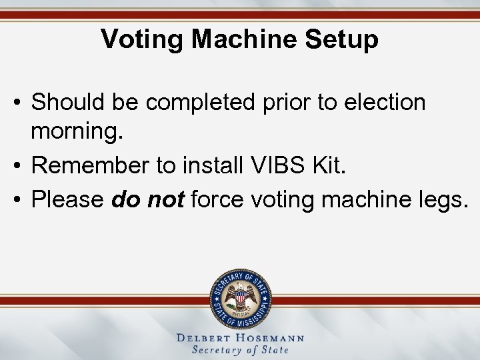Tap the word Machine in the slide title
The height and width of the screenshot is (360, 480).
[x=244, y=39]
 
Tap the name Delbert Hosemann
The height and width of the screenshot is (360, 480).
[x=240, y=338]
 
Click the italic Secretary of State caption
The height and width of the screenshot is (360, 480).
[x=240, y=350]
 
